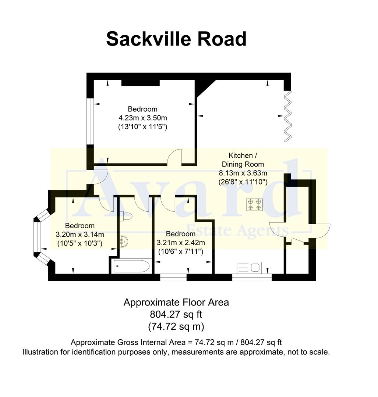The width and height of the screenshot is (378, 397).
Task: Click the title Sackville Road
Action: click(176, 39)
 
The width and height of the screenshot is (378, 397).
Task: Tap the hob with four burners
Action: click(255, 204)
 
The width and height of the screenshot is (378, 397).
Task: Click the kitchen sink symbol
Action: click(249, 268)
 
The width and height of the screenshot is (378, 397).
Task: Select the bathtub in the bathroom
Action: click(131, 267)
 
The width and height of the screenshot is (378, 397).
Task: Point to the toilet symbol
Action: click(126, 216)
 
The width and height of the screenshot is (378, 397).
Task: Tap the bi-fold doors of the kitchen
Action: click(287, 117)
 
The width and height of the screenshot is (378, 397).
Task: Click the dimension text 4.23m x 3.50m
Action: click(143, 118)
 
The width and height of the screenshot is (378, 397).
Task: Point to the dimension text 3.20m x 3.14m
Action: click(80, 235)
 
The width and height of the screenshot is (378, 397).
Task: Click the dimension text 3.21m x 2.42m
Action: click(181, 243)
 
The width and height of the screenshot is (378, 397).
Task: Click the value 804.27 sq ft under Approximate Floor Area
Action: click(176, 314)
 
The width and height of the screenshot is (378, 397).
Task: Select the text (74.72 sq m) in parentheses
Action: click(176, 326)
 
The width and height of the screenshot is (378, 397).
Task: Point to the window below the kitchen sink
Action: click(252, 277)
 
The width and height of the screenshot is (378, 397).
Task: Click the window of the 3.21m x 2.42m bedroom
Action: click(173, 277)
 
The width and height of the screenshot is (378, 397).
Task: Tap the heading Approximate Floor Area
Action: click(176, 302)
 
